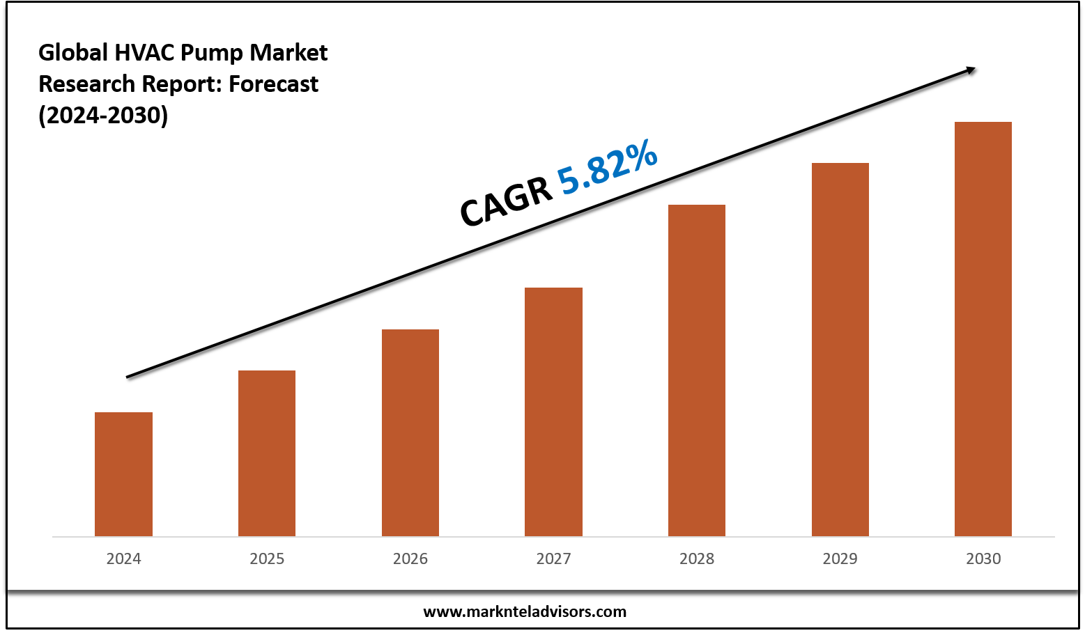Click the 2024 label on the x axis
coord(123,558)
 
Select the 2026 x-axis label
coord(410,558)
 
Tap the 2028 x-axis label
coord(697,558)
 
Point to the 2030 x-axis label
coord(983,558)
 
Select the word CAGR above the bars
coord(505,202)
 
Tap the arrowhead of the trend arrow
coord(970,69)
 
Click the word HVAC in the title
coord(144,53)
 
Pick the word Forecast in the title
coord(273,84)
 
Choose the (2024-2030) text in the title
coord(103,115)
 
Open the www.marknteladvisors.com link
coord(525,611)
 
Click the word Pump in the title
coord(213,53)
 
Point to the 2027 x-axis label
coord(553,558)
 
